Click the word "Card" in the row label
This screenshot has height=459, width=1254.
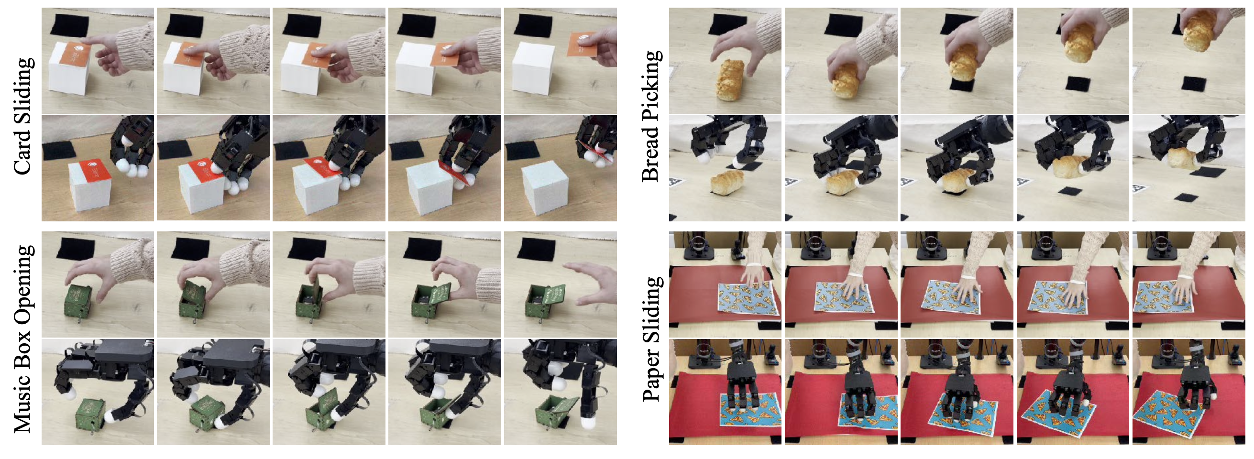click(x=24, y=151)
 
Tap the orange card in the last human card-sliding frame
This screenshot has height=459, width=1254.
click(x=581, y=44)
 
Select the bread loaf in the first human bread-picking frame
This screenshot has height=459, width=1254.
click(x=730, y=80)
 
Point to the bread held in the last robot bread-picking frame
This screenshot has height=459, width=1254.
click(x=1182, y=159)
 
